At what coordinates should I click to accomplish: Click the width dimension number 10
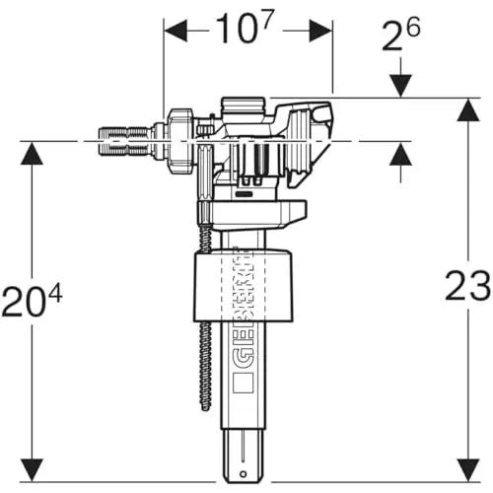click(235, 30)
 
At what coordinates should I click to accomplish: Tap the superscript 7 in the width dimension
click(268, 19)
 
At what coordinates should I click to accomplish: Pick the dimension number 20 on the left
click(23, 302)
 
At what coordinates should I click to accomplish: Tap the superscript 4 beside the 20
click(55, 294)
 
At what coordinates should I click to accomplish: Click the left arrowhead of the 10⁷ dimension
click(176, 31)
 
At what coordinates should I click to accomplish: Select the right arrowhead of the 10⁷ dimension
click(320, 31)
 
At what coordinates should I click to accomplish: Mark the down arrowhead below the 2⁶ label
click(400, 86)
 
